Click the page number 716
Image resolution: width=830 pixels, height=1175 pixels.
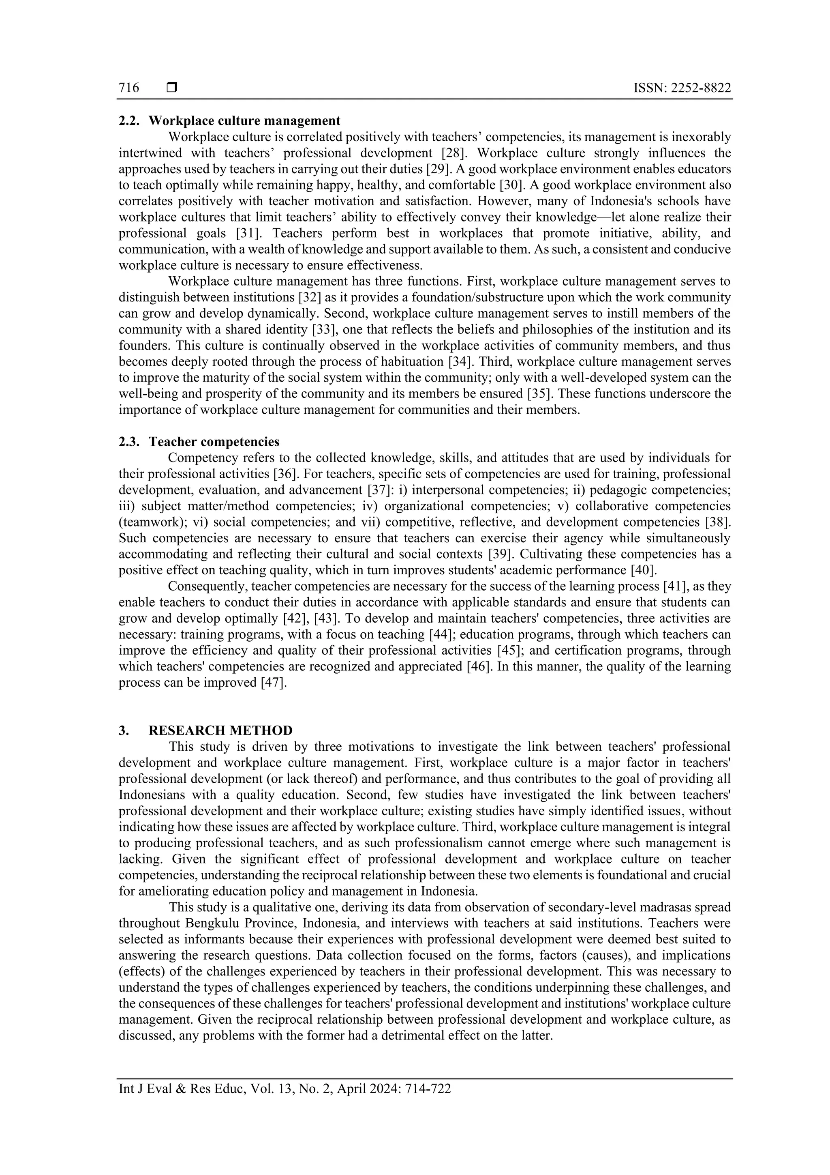pos(129,88)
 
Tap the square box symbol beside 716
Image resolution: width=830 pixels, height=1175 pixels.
pos(172,88)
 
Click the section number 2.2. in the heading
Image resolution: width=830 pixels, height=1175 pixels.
pos(129,121)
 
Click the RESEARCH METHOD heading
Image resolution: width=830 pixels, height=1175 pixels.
pos(220,730)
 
